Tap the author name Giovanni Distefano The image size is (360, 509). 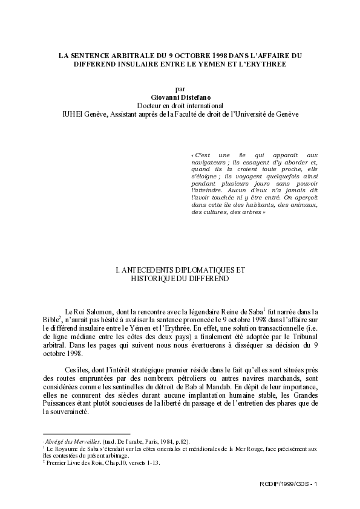pos(180,96)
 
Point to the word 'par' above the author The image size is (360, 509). pos(180,88)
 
